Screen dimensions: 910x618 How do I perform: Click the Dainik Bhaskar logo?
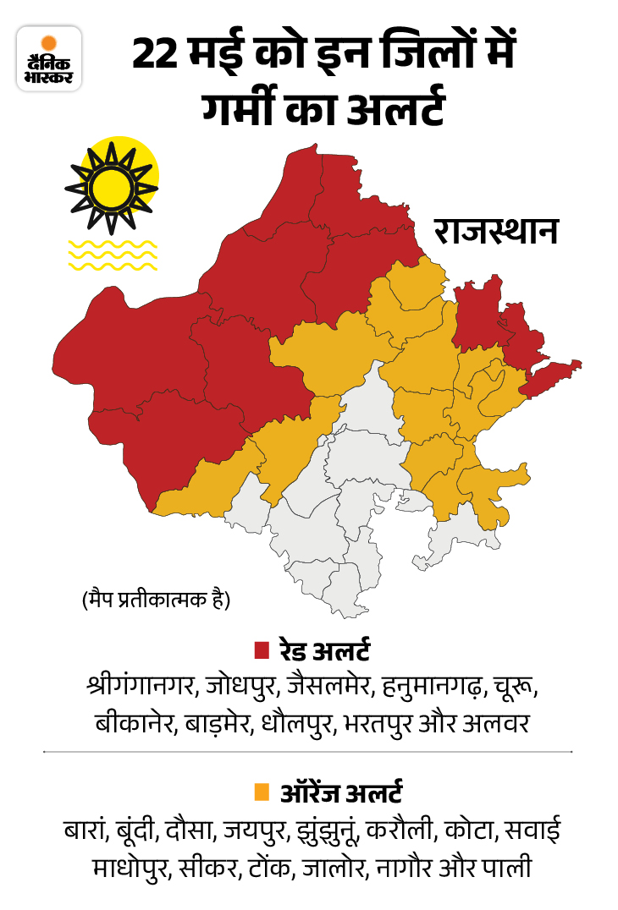[x=49, y=58]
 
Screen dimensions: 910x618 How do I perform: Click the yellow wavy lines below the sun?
[x=112, y=255]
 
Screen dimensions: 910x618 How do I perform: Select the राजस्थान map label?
[x=496, y=230]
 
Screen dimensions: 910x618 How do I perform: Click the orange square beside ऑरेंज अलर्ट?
[x=262, y=792]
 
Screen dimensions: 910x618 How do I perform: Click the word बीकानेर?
[x=130, y=725]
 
